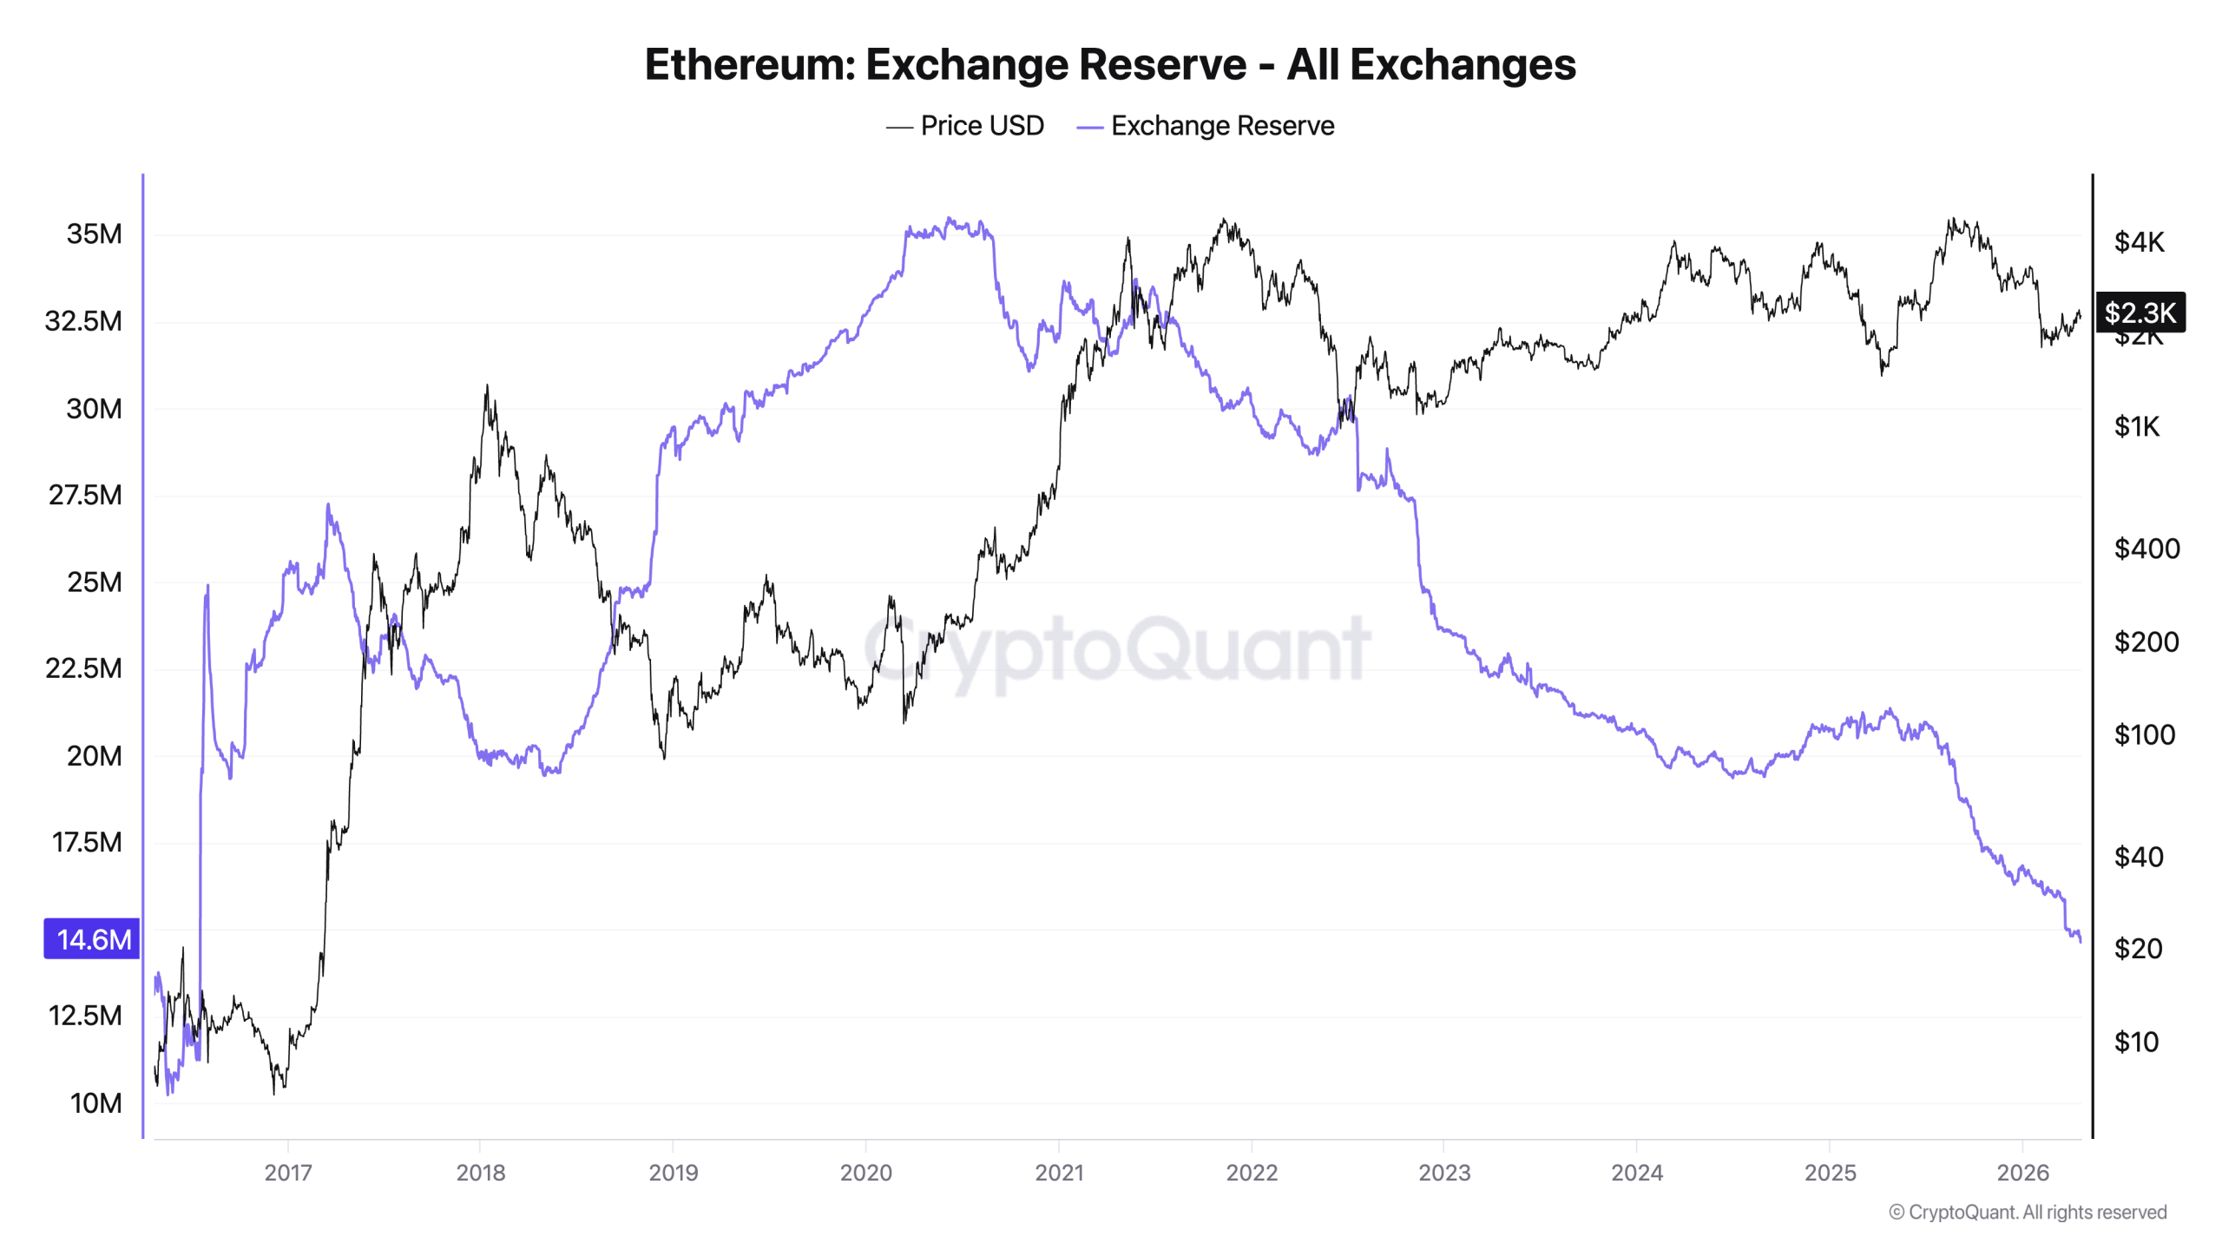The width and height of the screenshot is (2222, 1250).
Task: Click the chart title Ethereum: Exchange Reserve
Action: coord(1109,65)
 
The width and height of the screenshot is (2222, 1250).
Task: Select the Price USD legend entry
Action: coord(964,126)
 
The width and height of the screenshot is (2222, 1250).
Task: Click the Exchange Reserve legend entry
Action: coord(1205,126)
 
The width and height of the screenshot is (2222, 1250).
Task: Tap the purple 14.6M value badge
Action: coord(92,938)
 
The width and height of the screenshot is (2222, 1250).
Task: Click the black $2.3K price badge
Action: coord(2140,312)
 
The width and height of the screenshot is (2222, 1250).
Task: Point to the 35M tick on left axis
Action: coord(94,234)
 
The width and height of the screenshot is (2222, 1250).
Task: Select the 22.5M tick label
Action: coord(84,668)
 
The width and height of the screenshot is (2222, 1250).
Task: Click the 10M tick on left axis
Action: coord(95,1103)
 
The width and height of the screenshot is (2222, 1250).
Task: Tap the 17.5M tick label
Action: coord(86,842)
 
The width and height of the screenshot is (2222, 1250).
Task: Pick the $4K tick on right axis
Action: coord(2139,241)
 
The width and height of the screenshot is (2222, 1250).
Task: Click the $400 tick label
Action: coord(2146,549)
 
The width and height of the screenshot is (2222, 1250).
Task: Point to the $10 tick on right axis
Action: coord(2136,1042)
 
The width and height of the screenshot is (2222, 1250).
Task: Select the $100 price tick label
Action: coord(2144,735)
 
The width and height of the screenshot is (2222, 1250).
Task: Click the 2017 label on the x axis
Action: coord(287,1173)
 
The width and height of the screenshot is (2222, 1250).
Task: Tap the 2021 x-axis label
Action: coord(1059,1173)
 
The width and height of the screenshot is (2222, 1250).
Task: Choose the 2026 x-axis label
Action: coord(2022,1173)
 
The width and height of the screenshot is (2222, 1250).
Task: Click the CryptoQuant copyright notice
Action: coord(2028,1213)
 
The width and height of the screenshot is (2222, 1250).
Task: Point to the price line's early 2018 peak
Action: coord(487,386)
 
